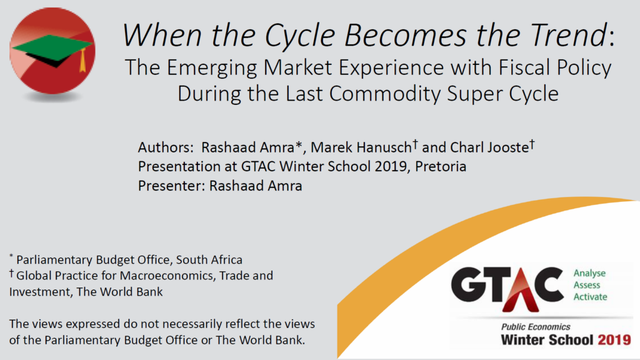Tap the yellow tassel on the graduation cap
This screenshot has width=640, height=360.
click(x=83, y=60)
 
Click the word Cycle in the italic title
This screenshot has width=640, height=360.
click(x=300, y=36)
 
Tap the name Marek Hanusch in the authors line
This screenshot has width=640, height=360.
click(x=361, y=147)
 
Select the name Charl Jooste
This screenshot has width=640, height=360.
click(x=489, y=147)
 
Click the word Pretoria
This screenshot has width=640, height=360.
click(x=441, y=166)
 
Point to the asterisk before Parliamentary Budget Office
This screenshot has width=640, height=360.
click(x=11, y=256)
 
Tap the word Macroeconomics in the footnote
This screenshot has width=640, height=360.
click(x=167, y=276)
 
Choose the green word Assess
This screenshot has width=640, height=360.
click(x=586, y=285)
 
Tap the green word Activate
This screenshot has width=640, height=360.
click(x=590, y=297)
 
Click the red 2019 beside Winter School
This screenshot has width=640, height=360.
click(x=614, y=340)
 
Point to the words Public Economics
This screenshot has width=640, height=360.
click(x=536, y=327)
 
